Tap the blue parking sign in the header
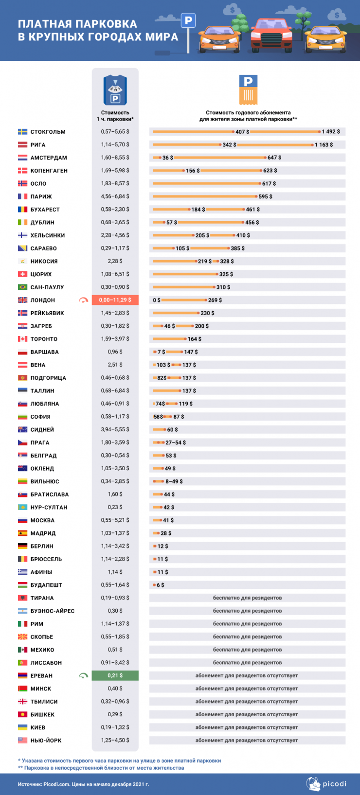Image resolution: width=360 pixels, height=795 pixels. click(x=188, y=20)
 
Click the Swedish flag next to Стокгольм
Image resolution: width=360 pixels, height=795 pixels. click(x=22, y=132)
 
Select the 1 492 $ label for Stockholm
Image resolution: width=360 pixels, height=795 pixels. click(x=331, y=132)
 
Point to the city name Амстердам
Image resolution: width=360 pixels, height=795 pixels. click(x=49, y=158)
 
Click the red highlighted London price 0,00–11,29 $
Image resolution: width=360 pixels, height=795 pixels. click(x=115, y=300)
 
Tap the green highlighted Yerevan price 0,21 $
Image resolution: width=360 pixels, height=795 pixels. click(x=115, y=675)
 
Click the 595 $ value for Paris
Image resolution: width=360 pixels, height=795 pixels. click(x=266, y=196)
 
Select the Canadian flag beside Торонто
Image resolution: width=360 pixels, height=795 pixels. click(x=22, y=339)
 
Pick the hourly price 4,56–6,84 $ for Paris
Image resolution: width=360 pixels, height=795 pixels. click(x=115, y=196)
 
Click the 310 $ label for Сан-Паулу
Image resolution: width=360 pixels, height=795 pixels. click(x=223, y=287)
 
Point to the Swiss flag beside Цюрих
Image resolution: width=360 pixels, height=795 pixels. click(x=22, y=274)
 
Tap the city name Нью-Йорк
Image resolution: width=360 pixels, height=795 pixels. click(x=46, y=741)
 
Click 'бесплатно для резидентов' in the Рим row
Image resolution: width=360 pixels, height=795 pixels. click(x=247, y=624)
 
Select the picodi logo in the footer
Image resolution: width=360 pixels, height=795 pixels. click(x=326, y=783)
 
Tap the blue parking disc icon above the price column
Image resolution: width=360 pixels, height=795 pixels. click(x=115, y=90)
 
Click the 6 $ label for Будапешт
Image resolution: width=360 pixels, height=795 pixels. click(x=161, y=585)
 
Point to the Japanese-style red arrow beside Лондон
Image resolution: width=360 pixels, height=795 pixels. click(x=84, y=300)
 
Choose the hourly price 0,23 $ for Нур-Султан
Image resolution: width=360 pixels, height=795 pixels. click(x=115, y=507)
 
